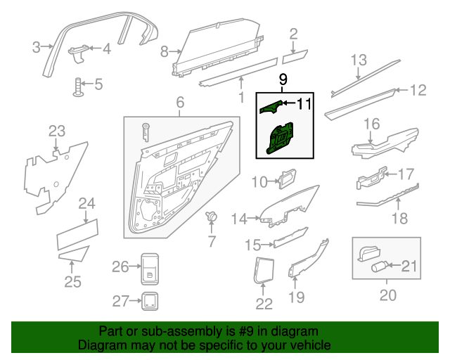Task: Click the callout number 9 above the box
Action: pyautogui.click(x=283, y=79)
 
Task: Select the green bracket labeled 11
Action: pyautogui.click(x=271, y=107)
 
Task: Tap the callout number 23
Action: pyautogui.click(x=56, y=131)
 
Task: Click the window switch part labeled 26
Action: pyautogui.click(x=150, y=267)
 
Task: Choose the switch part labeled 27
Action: pyautogui.click(x=150, y=301)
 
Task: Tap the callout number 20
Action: pyautogui.click(x=387, y=295)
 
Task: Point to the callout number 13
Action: pyautogui.click(x=359, y=60)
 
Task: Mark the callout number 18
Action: pyautogui.click(x=399, y=219)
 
